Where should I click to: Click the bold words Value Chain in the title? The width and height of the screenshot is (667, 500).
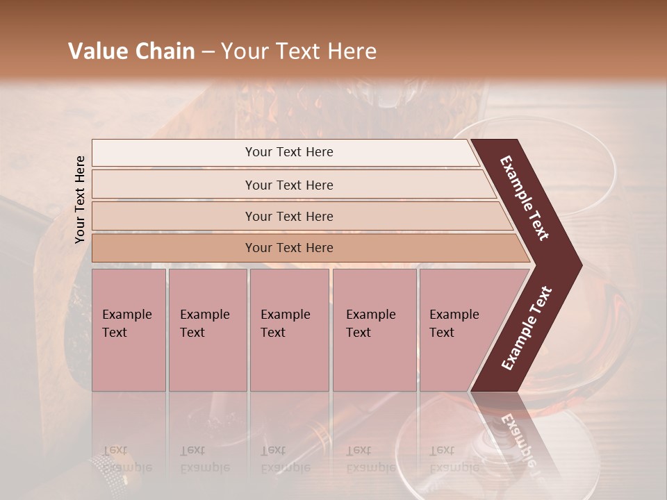[x=131, y=51]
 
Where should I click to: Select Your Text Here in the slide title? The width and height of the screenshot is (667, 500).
[x=299, y=51]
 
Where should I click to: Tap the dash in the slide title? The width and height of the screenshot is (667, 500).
[x=208, y=52]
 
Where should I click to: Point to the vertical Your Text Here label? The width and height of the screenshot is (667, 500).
[x=80, y=199]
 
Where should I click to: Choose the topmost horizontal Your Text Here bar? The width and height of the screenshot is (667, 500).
[x=288, y=152]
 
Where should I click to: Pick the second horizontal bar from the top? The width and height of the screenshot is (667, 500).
[x=288, y=185]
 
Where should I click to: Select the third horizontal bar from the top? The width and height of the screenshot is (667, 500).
[x=288, y=216]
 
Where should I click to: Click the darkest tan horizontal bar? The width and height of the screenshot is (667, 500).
[x=288, y=248]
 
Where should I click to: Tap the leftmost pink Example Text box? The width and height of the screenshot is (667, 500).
[x=129, y=330]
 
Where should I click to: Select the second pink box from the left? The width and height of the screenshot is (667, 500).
[x=207, y=330]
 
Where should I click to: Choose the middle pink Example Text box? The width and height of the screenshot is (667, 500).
[x=289, y=330]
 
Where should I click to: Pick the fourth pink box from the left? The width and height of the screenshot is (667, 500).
[x=374, y=330]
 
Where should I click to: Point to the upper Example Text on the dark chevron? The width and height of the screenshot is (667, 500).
[x=525, y=198]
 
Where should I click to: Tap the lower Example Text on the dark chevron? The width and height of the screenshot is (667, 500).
[x=527, y=328]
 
